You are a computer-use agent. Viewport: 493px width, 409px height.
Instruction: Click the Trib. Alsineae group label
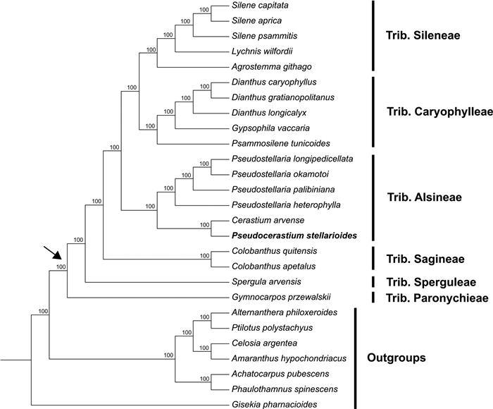click(x=424, y=197)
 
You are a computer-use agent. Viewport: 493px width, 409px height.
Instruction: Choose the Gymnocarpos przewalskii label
click(x=277, y=297)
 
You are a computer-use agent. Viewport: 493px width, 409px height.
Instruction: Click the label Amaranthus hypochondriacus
click(x=285, y=359)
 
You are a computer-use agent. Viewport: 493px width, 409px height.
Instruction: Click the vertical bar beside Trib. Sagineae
click(x=373, y=259)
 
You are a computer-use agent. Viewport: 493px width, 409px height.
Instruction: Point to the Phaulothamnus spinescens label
click(x=280, y=389)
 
